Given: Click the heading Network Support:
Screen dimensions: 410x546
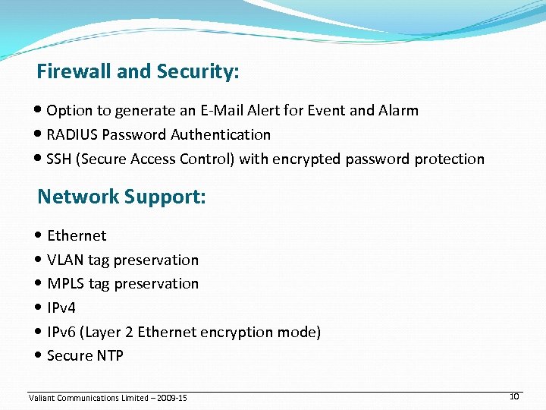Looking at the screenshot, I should coord(121,197).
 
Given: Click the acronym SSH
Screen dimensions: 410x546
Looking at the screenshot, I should coord(59,159).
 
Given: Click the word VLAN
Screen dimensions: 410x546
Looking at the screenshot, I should coord(65,260).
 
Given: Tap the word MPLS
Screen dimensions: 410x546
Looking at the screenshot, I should coord(66,284).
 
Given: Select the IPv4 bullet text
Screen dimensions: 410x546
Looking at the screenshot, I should coord(61,307).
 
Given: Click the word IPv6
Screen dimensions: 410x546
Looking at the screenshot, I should coord(61,332).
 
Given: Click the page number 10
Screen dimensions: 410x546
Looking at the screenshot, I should coord(513,396).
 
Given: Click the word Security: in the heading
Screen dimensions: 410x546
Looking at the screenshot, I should coord(198,72).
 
